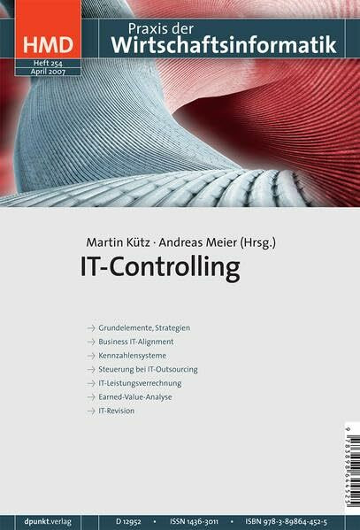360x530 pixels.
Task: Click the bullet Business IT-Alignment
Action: (135, 341)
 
